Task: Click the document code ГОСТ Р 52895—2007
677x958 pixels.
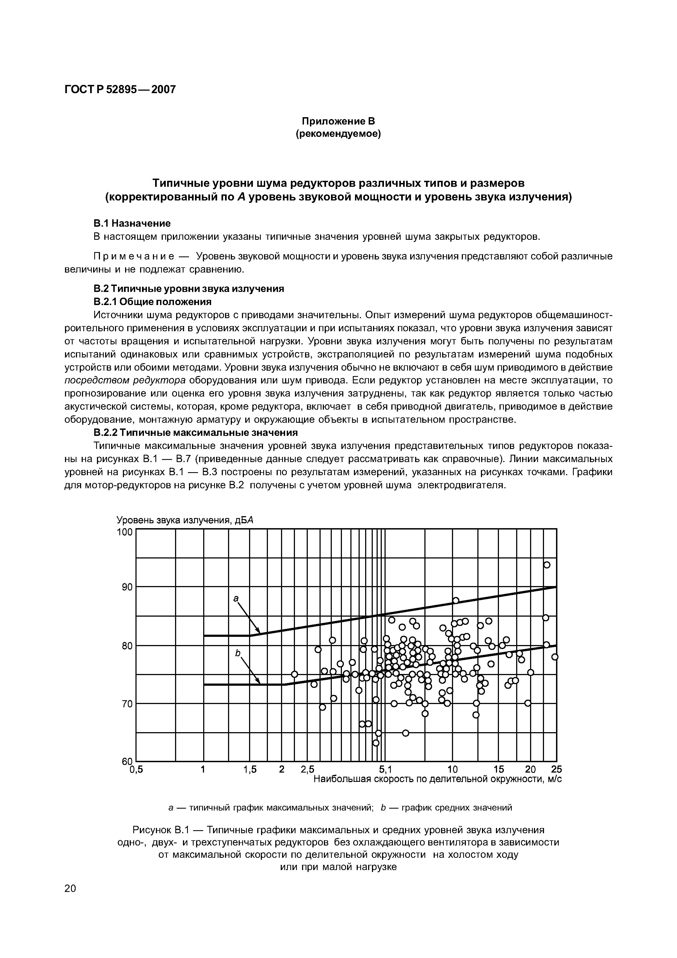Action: pos(120,89)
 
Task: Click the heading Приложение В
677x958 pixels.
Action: pos(338,122)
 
